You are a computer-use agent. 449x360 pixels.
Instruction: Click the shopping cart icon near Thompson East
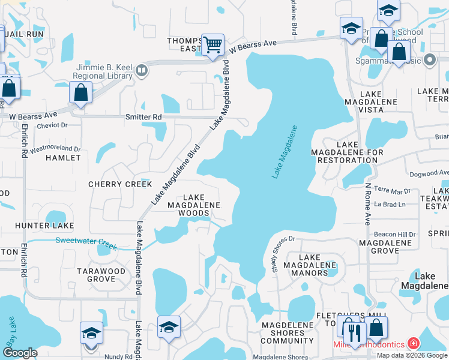click(212, 44)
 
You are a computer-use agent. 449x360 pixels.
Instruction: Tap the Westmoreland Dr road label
click(55, 148)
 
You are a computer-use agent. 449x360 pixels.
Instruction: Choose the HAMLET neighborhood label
click(63, 158)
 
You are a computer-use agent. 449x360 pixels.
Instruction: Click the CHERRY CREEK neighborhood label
click(120, 184)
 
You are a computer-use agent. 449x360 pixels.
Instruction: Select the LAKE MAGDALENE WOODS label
click(193, 205)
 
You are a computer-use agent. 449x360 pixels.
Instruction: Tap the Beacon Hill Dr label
click(394, 234)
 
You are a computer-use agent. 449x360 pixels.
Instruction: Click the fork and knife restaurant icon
click(357, 329)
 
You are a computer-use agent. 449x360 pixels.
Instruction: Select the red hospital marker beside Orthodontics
click(413, 344)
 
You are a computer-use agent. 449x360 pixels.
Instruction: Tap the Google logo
click(20, 353)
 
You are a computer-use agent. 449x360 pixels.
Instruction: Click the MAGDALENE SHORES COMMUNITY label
click(283, 333)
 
